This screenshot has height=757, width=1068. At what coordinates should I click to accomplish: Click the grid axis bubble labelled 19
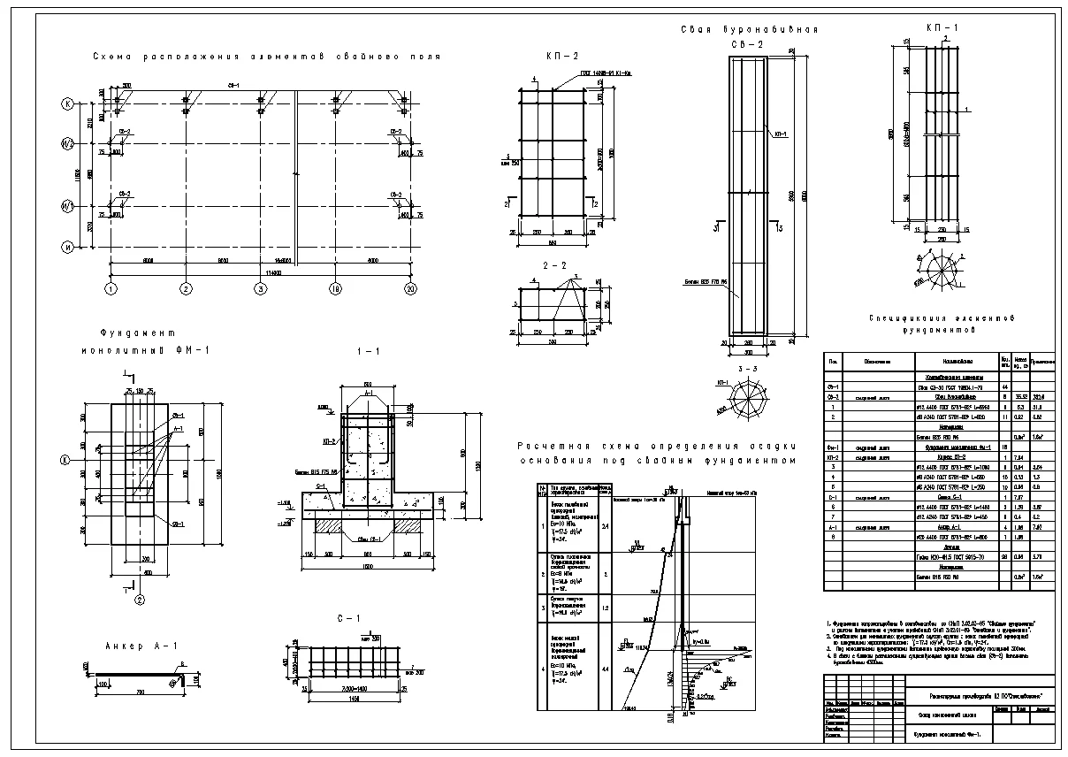click(336, 289)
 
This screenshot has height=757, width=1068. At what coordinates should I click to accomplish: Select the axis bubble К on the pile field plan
click(67, 103)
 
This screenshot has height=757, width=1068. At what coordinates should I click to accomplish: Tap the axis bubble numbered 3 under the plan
click(261, 289)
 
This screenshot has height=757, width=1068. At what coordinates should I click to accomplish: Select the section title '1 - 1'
click(367, 351)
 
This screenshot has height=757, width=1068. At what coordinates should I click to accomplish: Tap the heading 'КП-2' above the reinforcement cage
click(557, 56)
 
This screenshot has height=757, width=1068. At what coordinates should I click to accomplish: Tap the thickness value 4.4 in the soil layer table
click(604, 669)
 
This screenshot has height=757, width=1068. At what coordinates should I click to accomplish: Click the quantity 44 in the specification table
click(1004, 387)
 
